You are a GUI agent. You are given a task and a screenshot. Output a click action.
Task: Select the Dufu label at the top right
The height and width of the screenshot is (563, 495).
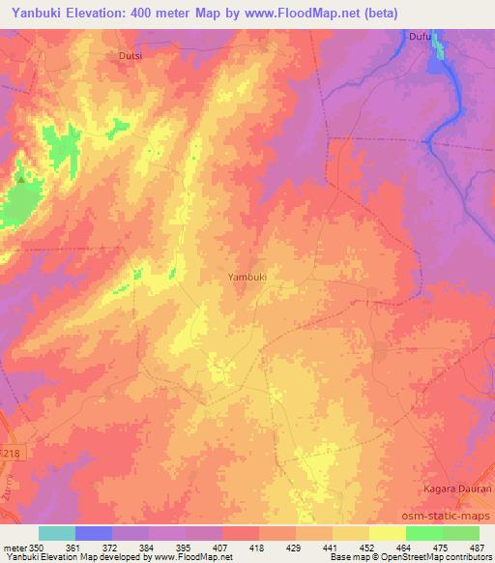[419, 37]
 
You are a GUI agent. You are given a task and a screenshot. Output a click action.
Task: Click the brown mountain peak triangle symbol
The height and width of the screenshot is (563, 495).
[20, 179]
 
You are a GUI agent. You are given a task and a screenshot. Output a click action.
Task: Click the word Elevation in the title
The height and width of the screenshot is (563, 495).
[103, 12]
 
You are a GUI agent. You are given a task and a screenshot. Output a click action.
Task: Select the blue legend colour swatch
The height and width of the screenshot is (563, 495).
[93, 533]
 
